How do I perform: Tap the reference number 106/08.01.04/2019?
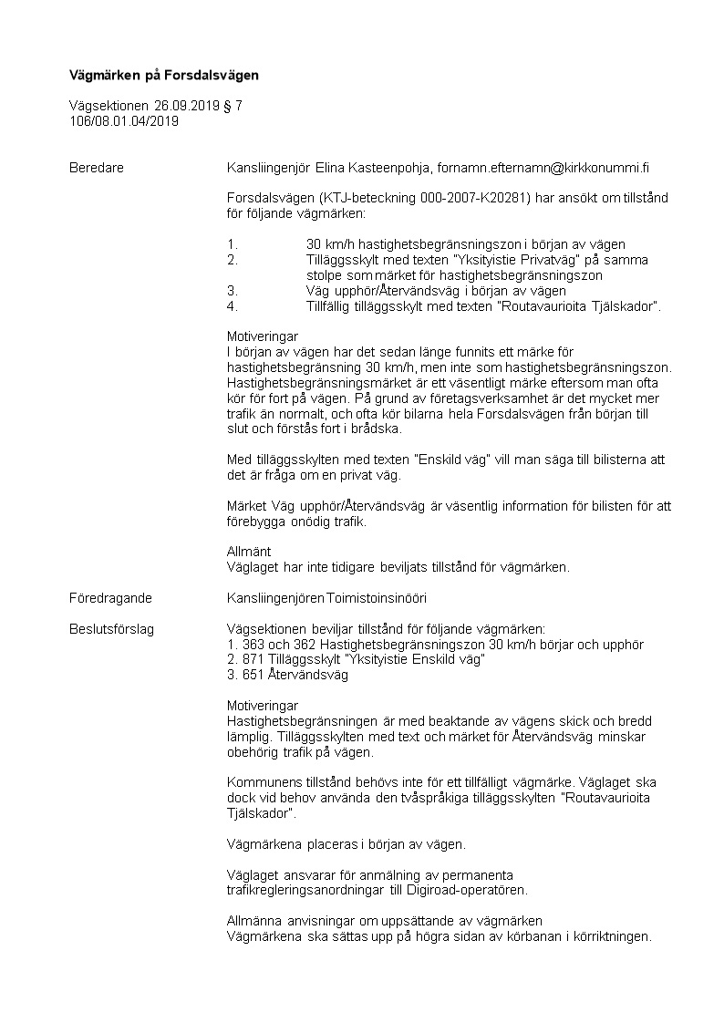(124, 120)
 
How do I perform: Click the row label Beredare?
(96, 168)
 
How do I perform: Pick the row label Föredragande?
(110, 598)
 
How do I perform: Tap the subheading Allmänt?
(249, 552)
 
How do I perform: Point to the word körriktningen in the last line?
(607, 936)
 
